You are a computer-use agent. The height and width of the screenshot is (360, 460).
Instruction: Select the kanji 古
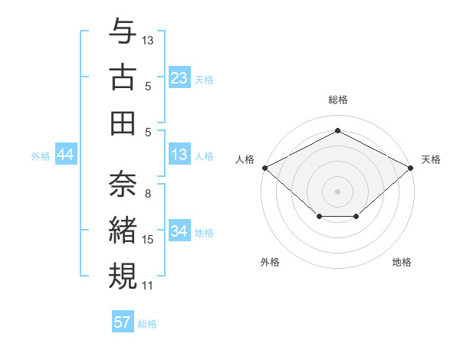123,79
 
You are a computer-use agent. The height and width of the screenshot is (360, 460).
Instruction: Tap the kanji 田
123,123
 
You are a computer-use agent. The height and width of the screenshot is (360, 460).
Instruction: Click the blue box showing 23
179,78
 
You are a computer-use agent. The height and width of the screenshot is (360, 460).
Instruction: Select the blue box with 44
65,155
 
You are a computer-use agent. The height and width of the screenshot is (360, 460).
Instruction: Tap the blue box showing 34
179,232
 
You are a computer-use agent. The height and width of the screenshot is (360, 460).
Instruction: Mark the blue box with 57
122,322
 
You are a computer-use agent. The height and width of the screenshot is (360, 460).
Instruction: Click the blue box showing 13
179,155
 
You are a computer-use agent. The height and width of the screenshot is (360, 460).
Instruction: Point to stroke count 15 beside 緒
148,240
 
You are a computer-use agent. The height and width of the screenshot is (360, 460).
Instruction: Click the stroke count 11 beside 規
148,286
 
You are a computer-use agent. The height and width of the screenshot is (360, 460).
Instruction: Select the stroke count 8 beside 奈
148,194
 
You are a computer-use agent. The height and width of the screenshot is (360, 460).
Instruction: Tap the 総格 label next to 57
147,324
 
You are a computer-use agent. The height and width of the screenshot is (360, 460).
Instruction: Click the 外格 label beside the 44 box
41,156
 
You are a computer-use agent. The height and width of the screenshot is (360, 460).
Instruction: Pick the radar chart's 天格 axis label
431,159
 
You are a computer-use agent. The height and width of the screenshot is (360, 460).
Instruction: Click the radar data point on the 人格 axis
264,167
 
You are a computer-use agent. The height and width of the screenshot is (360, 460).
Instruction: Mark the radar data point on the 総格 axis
337,130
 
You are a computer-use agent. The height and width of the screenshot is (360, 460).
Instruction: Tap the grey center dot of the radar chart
337,191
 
